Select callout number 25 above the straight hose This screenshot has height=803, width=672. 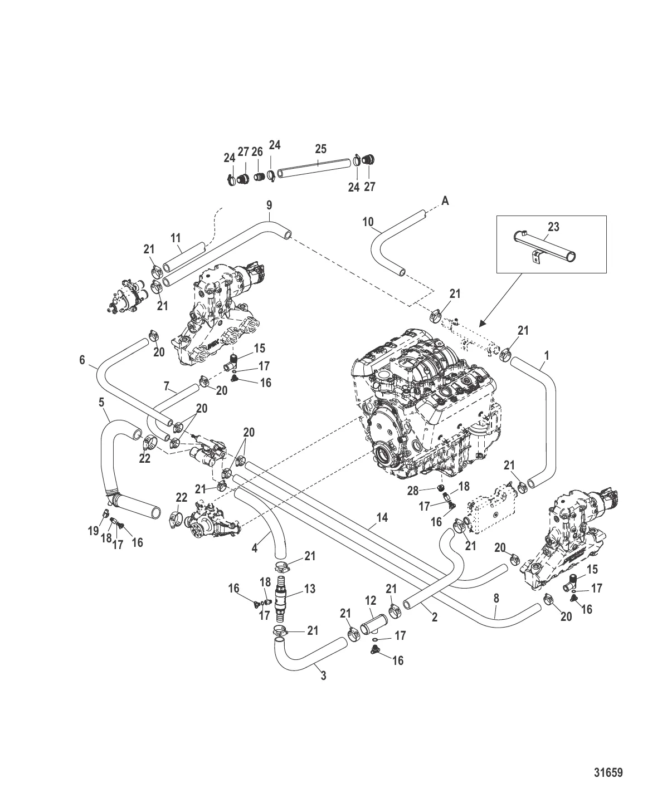pyautogui.click(x=320, y=149)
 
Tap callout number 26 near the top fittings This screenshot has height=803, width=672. pyautogui.click(x=257, y=152)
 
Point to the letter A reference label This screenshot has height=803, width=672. pyautogui.click(x=445, y=201)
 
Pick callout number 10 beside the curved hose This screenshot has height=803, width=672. pyautogui.click(x=368, y=222)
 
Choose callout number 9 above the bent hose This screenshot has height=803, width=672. pyautogui.click(x=269, y=204)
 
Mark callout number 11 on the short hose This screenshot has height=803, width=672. pyautogui.click(x=176, y=238)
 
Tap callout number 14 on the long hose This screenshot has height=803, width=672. pyautogui.click(x=382, y=517)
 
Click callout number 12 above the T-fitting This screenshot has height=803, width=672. pyautogui.click(x=371, y=601)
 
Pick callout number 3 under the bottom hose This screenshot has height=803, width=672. pyautogui.click(x=323, y=676)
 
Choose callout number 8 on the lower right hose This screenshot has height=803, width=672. pyautogui.click(x=496, y=599)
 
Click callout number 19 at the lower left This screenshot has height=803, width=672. pyautogui.click(x=93, y=531)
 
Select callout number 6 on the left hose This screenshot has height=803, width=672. pyautogui.click(x=82, y=360)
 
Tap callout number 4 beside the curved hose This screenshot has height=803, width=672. pyautogui.click(x=255, y=548)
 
